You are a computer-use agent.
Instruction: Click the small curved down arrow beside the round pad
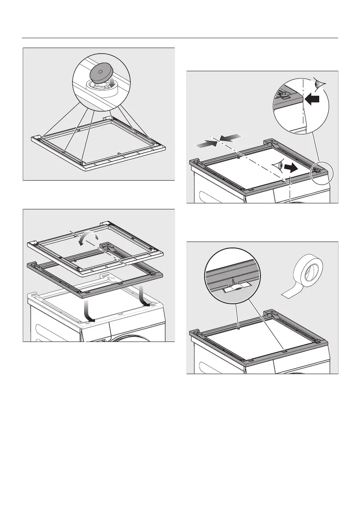[x=112, y=82]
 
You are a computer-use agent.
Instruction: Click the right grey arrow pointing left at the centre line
[x=230, y=137]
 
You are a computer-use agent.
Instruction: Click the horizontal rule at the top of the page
[x=180, y=38]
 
